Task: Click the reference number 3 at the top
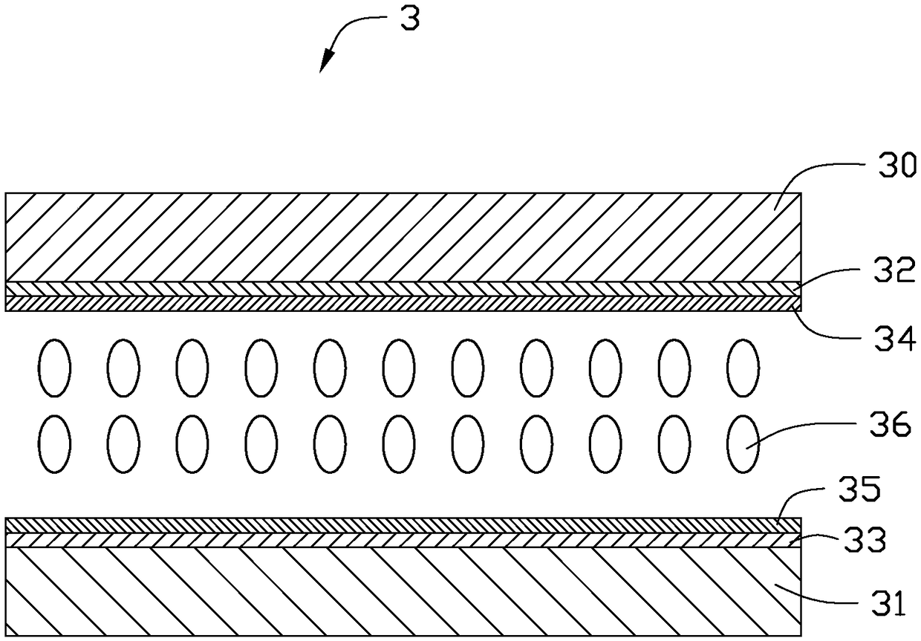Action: (x=410, y=19)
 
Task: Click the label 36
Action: (x=892, y=426)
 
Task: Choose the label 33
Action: (x=868, y=541)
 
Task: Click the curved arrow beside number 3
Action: (x=349, y=37)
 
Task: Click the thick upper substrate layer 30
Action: (x=401, y=236)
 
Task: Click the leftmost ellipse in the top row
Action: (x=54, y=367)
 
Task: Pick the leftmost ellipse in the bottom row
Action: (x=54, y=444)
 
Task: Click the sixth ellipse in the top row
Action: (x=398, y=367)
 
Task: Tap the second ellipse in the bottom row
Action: (x=123, y=444)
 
